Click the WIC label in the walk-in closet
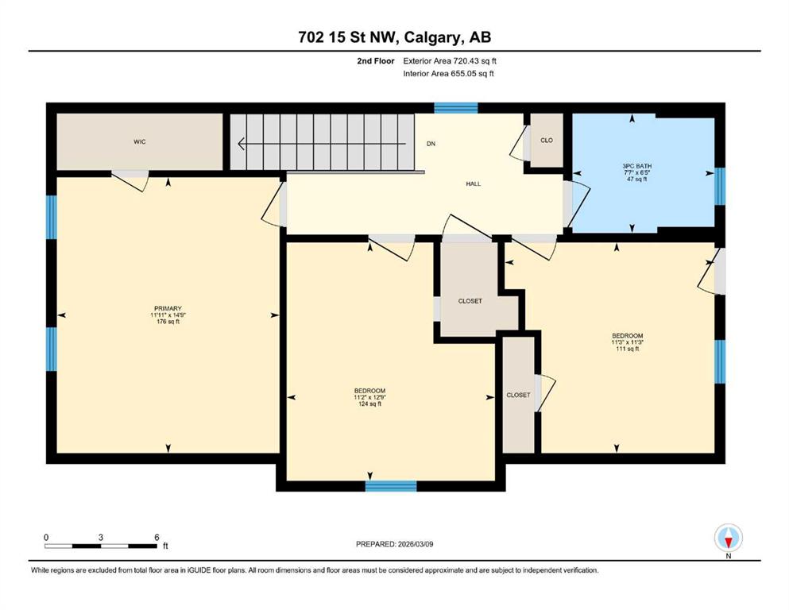click(139, 142)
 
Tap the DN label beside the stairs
click(431, 144)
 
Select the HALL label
click(473, 184)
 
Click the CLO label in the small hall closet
click(547, 141)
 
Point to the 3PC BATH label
click(637, 166)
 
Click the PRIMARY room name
click(168, 309)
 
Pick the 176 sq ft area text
click(168, 322)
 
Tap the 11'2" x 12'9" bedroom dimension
click(369, 397)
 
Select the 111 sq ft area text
click(628, 349)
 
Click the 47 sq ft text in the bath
click(637, 179)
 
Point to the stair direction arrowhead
click(241, 144)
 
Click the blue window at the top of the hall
click(456, 107)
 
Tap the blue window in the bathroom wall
click(720, 187)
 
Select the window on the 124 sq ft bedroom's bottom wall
click(391, 486)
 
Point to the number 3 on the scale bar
click(101, 537)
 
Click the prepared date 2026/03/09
click(416, 544)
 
